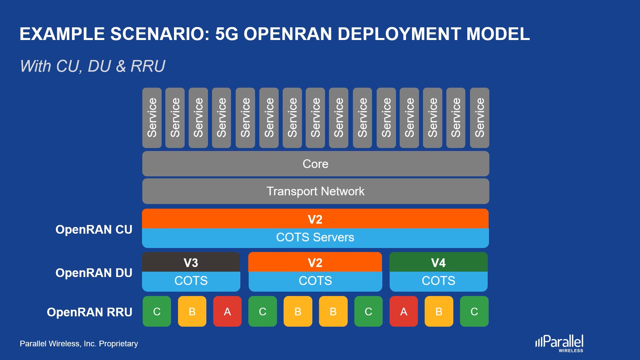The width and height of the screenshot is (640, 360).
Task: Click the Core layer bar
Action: (x=316, y=164)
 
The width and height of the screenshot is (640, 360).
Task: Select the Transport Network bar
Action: (x=316, y=191)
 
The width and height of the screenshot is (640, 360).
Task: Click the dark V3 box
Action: (x=191, y=262)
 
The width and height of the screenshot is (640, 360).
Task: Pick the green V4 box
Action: (x=438, y=262)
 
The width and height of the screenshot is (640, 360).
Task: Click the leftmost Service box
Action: (x=152, y=118)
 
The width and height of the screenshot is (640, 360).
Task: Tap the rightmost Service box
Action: (x=480, y=118)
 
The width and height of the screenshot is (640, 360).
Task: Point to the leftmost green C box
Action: (x=157, y=311)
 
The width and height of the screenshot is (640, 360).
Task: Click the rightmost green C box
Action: (x=474, y=311)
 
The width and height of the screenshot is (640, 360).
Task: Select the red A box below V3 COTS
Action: (x=227, y=311)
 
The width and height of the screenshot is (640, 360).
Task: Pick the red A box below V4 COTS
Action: (x=404, y=311)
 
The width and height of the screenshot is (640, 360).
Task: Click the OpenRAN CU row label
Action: (x=94, y=230)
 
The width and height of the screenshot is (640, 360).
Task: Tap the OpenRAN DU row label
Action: (x=94, y=273)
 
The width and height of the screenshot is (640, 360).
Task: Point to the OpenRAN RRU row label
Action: (x=89, y=312)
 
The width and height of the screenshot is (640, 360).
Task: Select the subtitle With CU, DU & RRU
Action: (x=93, y=66)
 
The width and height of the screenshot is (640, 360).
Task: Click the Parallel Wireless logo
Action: (x=559, y=343)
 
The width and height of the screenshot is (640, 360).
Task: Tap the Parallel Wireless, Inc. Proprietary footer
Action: (x=79, y=344)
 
